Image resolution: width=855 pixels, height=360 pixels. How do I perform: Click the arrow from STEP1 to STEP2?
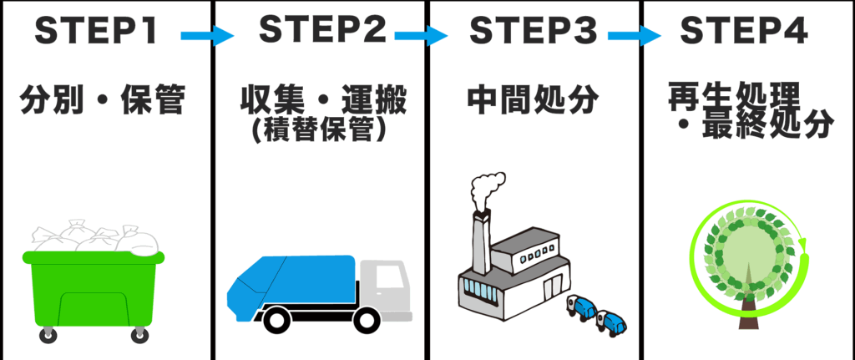tap(207, 36)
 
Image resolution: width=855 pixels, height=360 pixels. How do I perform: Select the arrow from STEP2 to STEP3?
tap(421, 36)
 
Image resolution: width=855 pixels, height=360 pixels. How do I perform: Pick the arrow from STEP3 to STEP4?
tap(635, 36)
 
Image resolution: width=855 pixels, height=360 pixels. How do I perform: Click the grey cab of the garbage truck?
tap(387, 288)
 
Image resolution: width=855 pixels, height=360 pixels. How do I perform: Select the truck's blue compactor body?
tap(292, 280)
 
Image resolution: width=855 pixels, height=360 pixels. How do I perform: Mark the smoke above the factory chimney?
tap(486, 190)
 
